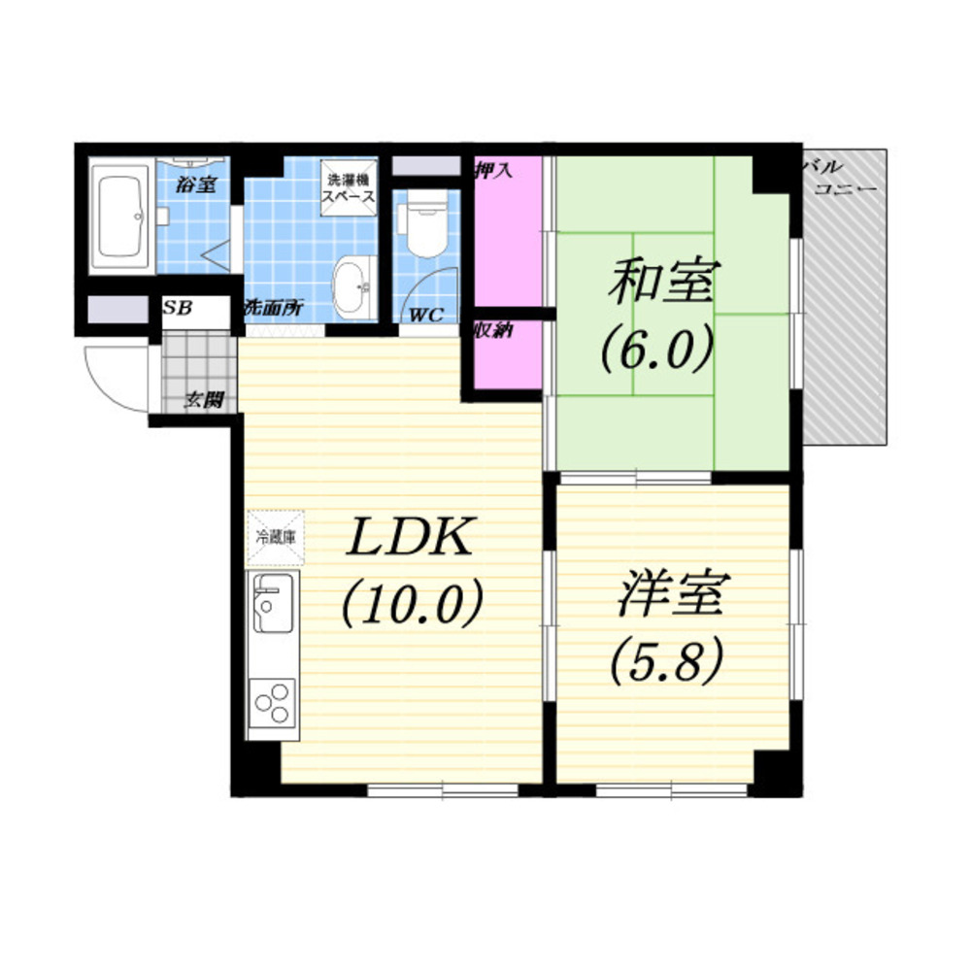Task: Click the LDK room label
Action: (411, 537)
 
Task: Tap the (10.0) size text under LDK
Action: (413, 602)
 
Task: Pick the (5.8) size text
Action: (666, 660)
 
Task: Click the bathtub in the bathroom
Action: (121, 216)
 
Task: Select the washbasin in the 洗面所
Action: (354, 288)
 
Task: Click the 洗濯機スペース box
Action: (350, 187)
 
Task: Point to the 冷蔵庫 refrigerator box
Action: (276, 538)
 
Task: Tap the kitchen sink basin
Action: (273, 603)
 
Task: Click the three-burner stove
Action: (273, 704)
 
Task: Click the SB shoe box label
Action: (178, 307)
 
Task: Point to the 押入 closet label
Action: (493, 170)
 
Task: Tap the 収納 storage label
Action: (493, 330)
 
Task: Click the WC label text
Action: (426, 316)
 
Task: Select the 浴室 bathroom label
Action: (196, 184)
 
